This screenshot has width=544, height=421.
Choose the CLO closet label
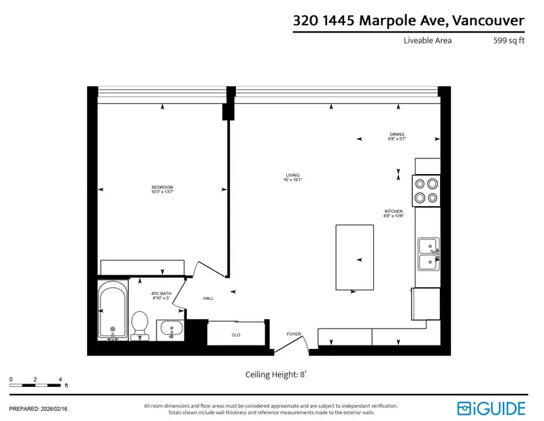(236, 335)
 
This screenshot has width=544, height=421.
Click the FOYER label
(293, 334)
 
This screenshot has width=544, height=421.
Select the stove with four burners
(426, 190)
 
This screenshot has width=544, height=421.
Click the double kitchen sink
(428, 253)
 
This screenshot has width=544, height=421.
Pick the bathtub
(112, 311)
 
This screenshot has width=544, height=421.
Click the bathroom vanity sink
(171, 331)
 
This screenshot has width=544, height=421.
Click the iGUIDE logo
(492, 407)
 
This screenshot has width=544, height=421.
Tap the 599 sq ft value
(509, 40)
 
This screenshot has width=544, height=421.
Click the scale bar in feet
(35, 386)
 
